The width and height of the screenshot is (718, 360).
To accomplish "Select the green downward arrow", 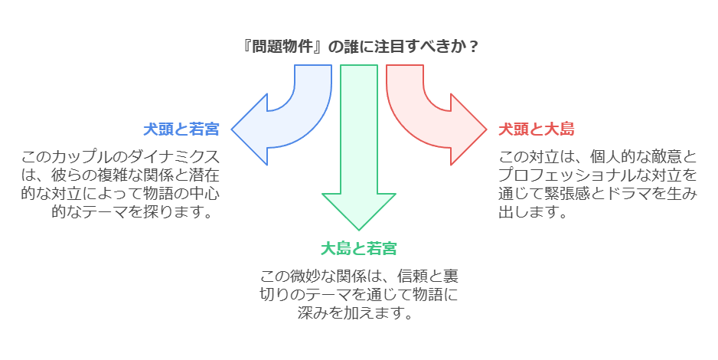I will click(358, 153).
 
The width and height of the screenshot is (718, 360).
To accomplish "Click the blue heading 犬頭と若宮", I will click(181, 129).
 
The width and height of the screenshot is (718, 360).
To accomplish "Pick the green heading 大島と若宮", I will click(358, 248).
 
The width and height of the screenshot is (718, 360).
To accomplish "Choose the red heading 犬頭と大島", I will click(537, 129).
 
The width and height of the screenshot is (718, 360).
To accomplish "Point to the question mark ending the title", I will click(474, 46).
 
